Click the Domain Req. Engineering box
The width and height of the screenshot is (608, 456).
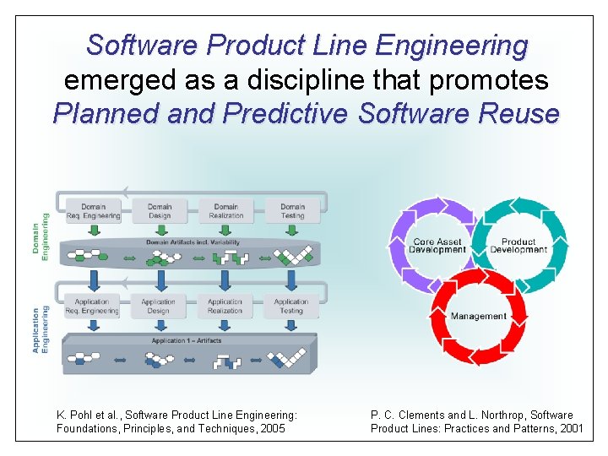(93, 211)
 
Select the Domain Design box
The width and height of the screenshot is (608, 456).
(159, 211)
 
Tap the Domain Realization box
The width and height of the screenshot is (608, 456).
(225, 211)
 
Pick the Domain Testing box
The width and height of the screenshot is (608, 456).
(292, 211)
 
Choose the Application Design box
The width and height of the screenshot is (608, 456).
(158, 306)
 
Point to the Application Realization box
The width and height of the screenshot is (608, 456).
(225, 306)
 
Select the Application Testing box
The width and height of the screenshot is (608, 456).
(291, 306)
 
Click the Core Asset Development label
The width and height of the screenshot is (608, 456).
(437, 246)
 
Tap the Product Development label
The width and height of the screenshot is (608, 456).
(518, 246)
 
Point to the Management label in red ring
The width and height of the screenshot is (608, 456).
(479, 317)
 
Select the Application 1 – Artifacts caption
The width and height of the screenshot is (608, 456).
(187, 341)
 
